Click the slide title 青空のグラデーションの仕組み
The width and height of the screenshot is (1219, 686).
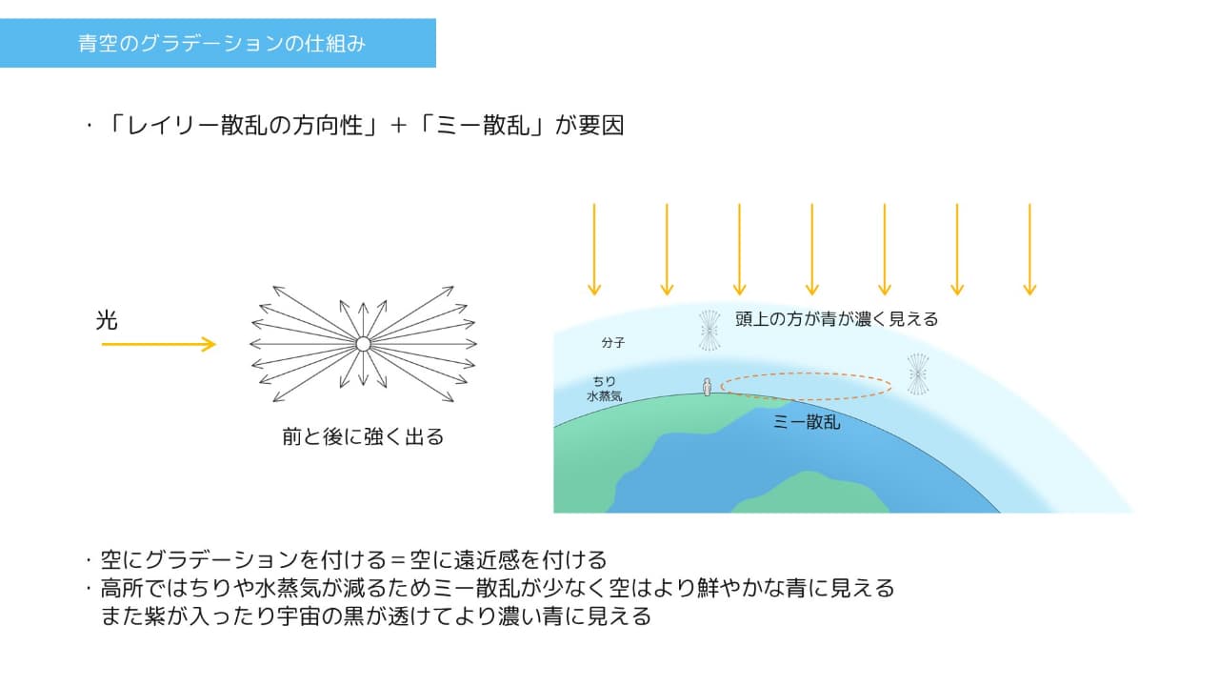click(222, 44)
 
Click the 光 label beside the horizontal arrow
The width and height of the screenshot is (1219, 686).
click(107, 320)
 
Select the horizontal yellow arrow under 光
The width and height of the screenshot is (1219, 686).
click(158, 344)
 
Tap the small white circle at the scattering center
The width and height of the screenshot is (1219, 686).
click(363, 344)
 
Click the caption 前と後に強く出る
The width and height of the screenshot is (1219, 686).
click(363, 436)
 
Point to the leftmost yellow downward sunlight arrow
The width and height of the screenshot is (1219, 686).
click(594, 250)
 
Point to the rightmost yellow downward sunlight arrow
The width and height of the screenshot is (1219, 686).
click(1029, 250)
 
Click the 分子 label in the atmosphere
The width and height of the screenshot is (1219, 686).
click(612, 342)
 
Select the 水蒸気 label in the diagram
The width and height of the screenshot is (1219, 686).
click(604, 395)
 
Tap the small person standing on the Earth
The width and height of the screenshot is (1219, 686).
click(707, 387)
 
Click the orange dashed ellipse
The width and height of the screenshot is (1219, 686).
click(806, 373)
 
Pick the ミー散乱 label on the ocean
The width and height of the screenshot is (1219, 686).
click(807, 422)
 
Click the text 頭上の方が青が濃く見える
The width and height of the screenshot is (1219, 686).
click(836, 318)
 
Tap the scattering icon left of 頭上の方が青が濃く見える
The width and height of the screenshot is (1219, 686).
click(709, 331)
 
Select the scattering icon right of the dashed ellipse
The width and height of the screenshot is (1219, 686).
click(918, 374)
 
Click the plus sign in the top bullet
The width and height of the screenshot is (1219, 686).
click(398, 126)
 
